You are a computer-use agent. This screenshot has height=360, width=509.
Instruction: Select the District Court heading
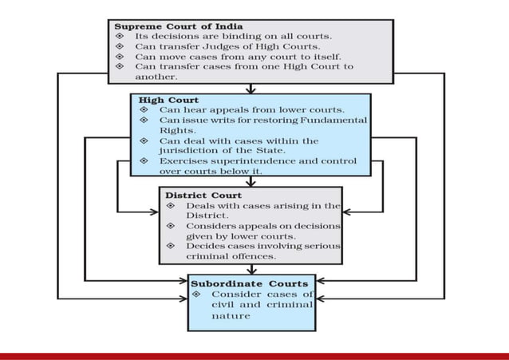[x=203, y=195]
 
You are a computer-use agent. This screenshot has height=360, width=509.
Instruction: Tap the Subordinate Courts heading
[x=248, y=283]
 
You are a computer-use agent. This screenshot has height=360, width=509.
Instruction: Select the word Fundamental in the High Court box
[x=333, y=120]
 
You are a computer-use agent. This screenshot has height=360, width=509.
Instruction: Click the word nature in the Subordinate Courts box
[x=231, y=315]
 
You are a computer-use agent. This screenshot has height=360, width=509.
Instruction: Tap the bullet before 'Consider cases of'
[x=197, y=294]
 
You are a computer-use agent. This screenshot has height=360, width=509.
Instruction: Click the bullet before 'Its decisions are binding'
[x=120, y=37]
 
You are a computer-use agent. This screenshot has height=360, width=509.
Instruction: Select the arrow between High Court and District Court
[x=251, y=181]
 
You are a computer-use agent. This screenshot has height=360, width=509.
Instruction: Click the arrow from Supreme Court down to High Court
[x=251, y=88]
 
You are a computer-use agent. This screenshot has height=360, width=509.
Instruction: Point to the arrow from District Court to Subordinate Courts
[x=251, y=270]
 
